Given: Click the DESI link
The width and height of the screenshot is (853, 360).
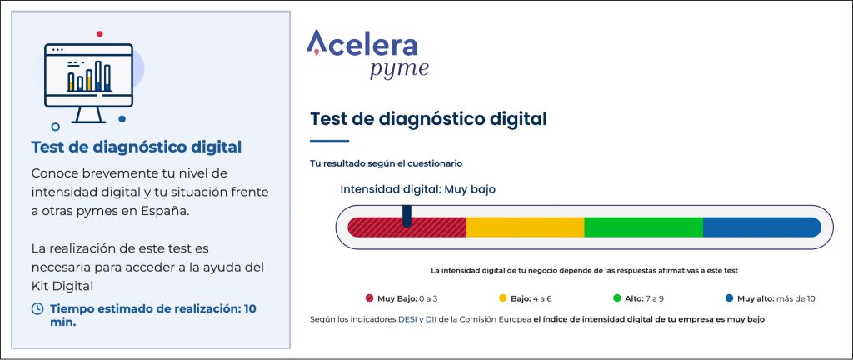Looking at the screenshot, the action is point(407,320).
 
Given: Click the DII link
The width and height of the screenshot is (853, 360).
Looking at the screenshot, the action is point(431,320).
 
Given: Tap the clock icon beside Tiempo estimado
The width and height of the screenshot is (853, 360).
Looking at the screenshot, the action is point(37,309).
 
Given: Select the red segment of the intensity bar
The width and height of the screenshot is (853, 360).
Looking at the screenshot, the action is point(407,227).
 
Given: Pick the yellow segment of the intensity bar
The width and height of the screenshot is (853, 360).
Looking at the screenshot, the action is point(526,227).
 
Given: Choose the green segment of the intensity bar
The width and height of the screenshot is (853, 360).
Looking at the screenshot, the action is point(644,227).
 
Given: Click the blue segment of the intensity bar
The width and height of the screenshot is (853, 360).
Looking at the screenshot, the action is point(762,227).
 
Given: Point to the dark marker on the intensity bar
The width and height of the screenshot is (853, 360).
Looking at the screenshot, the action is point(407,216).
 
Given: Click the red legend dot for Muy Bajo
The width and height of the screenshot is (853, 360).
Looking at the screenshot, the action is point(369,298).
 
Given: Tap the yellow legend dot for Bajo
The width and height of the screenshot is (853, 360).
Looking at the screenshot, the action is point(502,298).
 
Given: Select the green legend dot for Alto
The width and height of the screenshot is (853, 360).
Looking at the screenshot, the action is point(617,298).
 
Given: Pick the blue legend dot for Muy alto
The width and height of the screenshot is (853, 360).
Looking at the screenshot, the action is point(730,298).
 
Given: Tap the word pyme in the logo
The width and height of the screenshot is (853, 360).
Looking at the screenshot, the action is point(399,70).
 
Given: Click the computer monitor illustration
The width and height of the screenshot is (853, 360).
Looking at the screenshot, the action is point(88,82).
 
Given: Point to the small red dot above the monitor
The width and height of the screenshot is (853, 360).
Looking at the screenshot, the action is point(100,33).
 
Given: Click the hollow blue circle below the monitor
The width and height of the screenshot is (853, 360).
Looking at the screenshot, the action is point(55,127).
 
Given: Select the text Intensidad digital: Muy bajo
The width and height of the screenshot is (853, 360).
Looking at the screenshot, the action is point(418,189).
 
